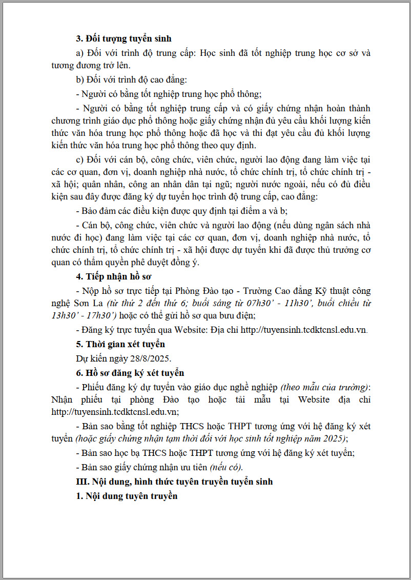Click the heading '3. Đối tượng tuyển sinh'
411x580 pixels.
124,38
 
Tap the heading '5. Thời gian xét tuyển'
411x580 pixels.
120,344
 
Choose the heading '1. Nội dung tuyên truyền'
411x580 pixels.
127,496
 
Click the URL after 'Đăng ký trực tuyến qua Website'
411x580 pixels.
303,330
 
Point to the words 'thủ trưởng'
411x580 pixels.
331,250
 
